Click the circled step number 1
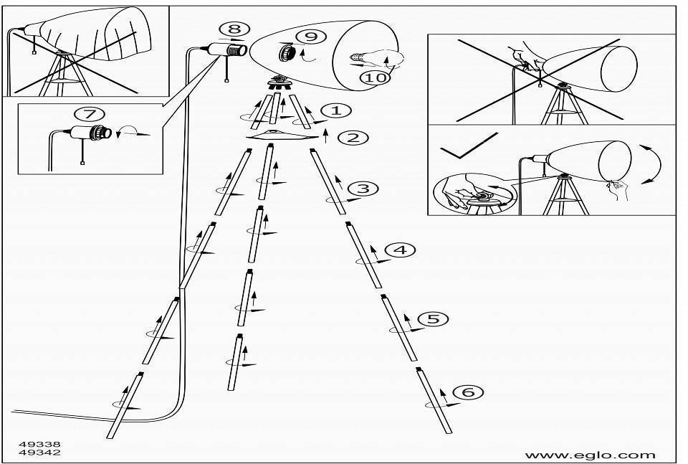[336, 110]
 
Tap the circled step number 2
[353, 138]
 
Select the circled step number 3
[363, 189]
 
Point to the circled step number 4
[401, 250]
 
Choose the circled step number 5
[433, 318]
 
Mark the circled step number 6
[468, 391]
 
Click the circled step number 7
[90, 114]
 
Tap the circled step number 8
[235, 29]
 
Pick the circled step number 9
[310, 37]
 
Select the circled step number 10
[375, 77]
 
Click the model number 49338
[39, 444]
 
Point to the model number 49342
[39, 452]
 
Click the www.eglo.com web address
[590, 455]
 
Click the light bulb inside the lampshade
[376, 58]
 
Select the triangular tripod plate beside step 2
[282, 135]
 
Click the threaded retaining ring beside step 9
[287, 52]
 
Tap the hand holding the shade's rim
[617, 189]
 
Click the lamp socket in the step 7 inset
[90, 133]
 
